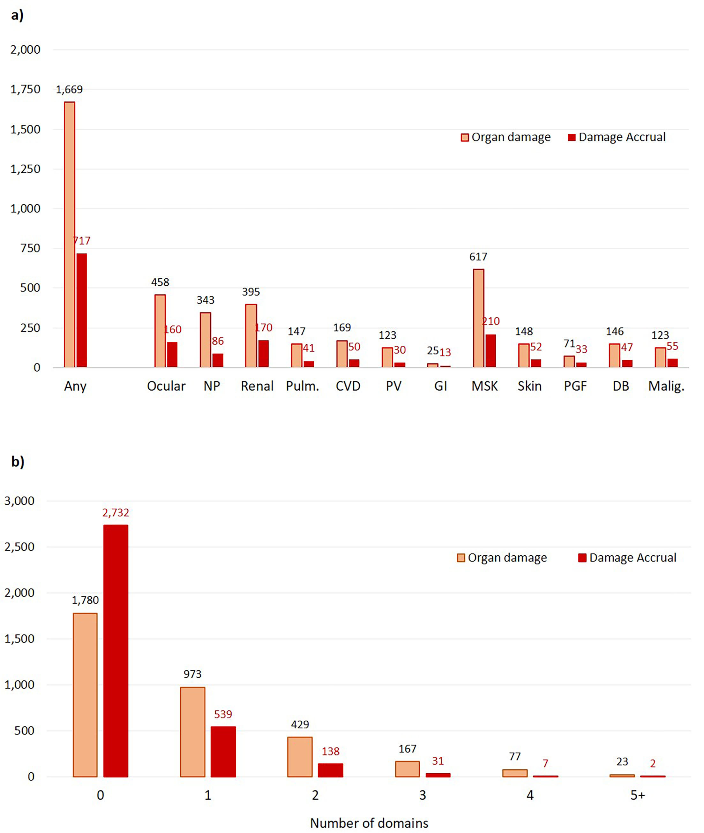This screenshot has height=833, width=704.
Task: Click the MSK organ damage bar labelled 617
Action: tap(478, 318)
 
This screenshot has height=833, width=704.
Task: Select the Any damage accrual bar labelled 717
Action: tap(81, 310)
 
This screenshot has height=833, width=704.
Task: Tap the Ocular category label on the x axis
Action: tap(166, 386)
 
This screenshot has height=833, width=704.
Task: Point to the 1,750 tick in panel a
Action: tap(25, 89)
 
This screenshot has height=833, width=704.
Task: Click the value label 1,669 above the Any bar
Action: tap(69, 89)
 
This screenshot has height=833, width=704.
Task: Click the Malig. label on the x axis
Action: tap(666, 386)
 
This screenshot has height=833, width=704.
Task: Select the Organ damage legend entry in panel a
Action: tap(506, 137)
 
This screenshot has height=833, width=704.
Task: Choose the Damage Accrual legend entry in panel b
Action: tap(627, 558)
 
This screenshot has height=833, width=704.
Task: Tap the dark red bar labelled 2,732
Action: tap(116, 650)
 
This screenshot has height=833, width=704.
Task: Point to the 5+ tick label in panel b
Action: tap(637, 795)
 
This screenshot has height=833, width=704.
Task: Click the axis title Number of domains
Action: tap(369, 823)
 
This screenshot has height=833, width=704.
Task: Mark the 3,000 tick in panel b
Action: tap(19, 501)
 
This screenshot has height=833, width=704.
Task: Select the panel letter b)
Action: tap(18, 462)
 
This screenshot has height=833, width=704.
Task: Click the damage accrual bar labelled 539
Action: tap(223, 752)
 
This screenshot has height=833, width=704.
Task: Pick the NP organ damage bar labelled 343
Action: tap(205, 340)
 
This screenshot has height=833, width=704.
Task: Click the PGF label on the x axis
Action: tap(575, 386)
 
